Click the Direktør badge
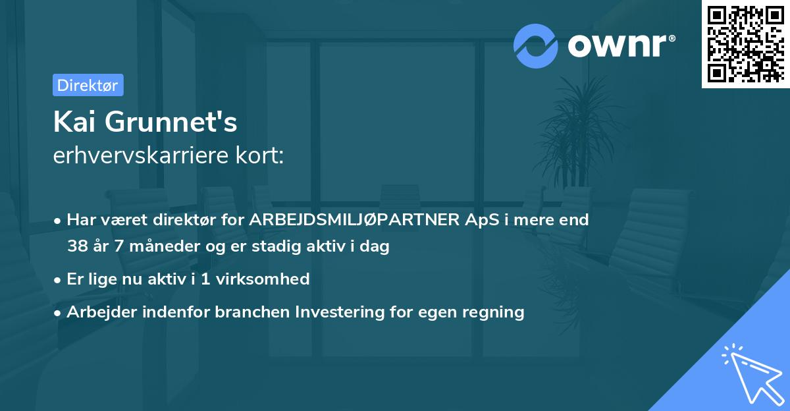(x=88, y=85)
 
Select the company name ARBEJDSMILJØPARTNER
(x=352, y=220)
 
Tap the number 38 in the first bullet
(x=76, y=247)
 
